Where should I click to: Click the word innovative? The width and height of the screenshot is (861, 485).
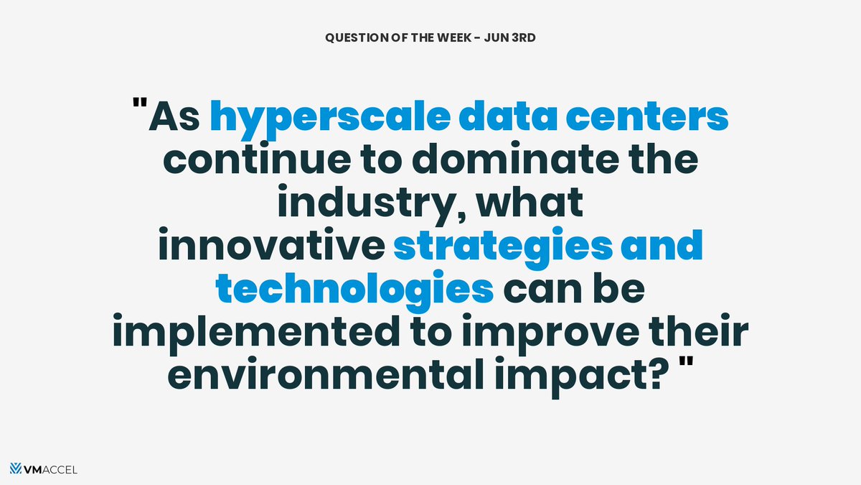(270, 247)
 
